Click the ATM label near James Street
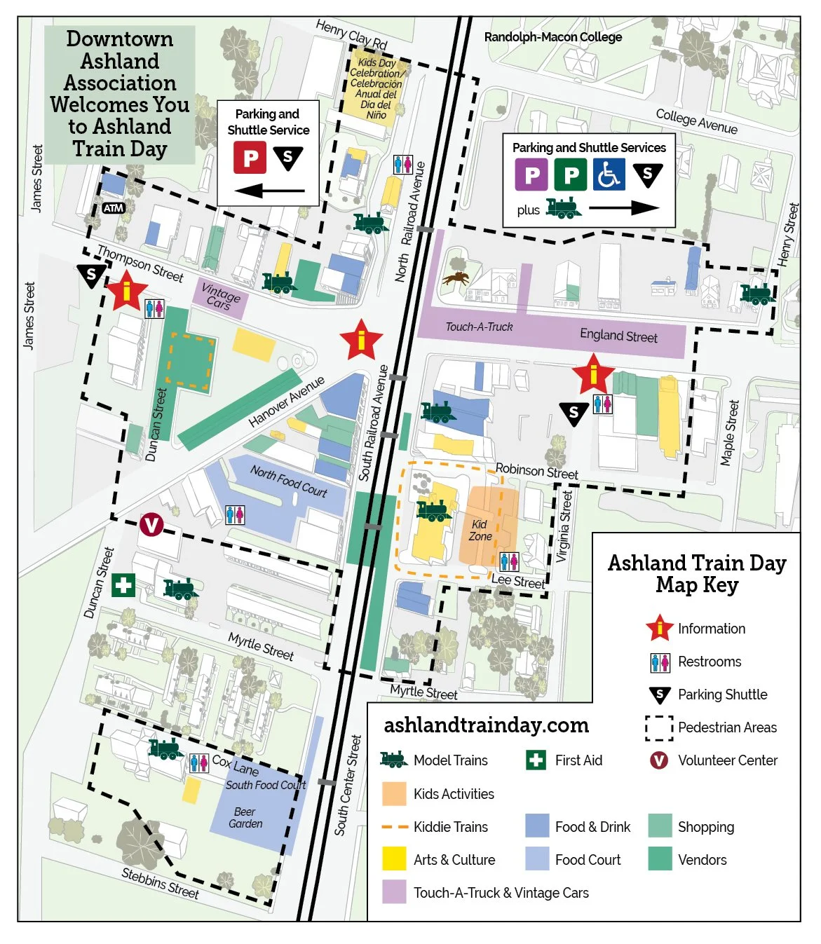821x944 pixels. click(113, 208)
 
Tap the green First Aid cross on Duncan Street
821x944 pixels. click(123, 584)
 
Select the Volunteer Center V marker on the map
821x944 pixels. click(151, 524)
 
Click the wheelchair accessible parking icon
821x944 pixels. click(609, 175)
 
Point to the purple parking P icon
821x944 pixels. click(531, 175)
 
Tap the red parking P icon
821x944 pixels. click(250, 158)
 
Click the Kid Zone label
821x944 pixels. click(480, 531)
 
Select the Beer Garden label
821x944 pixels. click(245, 818)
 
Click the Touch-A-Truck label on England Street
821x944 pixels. click(479, 327)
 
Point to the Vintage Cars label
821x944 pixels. click(220, 297)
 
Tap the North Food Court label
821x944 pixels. click(288, 481)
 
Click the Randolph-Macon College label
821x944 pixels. click(552, 37)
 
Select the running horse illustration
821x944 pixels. click(456, 278)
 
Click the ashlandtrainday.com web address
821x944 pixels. click(486, 725)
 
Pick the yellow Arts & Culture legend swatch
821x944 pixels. click(394, 859)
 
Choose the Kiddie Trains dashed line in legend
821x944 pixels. click(394, 827)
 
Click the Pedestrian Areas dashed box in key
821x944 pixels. click(658, 727)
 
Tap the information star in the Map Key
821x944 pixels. click(659, 629)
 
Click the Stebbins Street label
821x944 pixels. click(160, 883)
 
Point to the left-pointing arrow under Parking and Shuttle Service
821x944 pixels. click(269, 190)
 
